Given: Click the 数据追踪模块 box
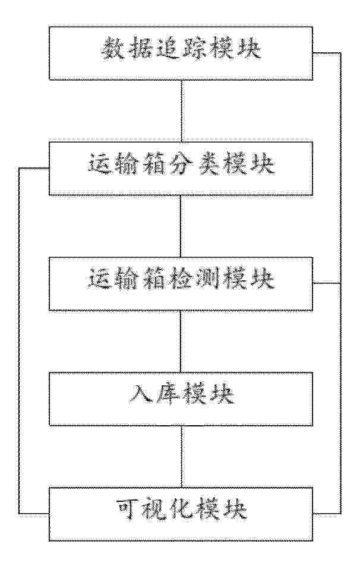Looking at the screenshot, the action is [181, 53].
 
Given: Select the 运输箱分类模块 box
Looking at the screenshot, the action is [181, 169].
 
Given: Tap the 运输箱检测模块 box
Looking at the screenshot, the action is [181, 284].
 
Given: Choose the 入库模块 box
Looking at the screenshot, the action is [181, 399].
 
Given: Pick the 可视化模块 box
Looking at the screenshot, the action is [181, 514].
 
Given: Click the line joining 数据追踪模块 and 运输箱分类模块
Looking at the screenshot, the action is [182, 110].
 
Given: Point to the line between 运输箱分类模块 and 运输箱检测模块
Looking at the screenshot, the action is [181, 226].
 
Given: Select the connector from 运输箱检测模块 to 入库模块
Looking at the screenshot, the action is [181, 341].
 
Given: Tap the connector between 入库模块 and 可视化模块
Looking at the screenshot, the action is [181, 457].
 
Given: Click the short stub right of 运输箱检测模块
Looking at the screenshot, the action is [327, 283].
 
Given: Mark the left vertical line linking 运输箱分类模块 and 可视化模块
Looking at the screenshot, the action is [19, 341].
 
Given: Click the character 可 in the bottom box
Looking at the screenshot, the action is [128, 510].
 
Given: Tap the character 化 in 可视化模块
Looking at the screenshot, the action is [182, 510].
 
